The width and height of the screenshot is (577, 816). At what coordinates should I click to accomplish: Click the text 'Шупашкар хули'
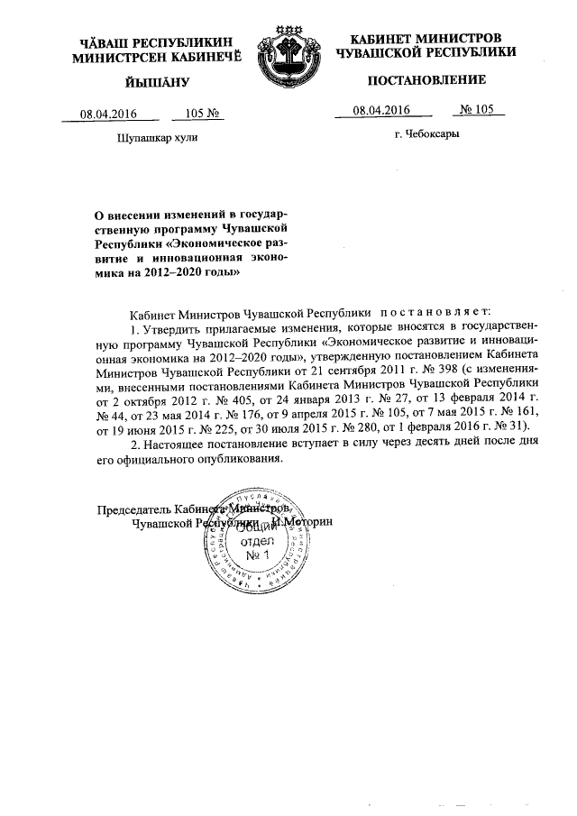[x=157, y=137]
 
